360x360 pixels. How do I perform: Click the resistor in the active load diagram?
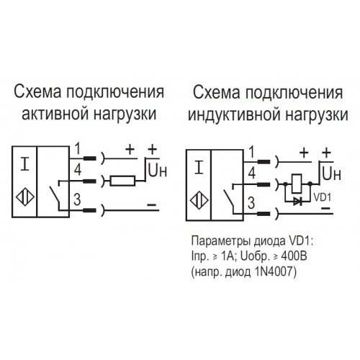(x=122, y=181)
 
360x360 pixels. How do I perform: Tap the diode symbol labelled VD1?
(x=298, y=201)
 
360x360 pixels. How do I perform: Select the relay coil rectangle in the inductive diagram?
(x=297, y=184)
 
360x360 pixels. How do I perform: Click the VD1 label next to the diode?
(x=323, y=197)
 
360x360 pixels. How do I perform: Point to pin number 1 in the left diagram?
(x=77, y=148)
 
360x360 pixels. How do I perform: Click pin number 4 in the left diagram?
(x=78, y=169)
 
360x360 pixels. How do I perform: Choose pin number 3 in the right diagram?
(x=251, y=203)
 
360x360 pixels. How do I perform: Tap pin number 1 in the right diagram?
(x=251, y=152)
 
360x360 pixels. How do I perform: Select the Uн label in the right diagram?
(x=331, y=174)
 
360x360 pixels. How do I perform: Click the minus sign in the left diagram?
(x=151, y=204)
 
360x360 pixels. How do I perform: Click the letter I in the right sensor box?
(x=199, y=167)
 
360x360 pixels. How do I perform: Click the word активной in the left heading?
(x=55, y=114)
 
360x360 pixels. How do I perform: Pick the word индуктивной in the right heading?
(x=234, y=114)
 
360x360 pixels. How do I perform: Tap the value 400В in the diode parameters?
(x=294, y=256)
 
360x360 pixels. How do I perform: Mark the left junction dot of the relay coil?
(x=285, y=184)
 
